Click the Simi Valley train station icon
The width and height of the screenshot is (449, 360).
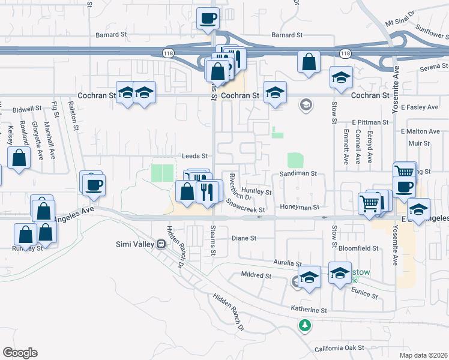pos(161,244)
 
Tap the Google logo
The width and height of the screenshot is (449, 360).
pos(20,353)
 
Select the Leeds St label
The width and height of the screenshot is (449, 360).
pos(194,155)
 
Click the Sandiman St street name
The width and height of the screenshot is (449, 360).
pos(298,173)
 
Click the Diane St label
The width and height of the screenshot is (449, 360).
pos(244,238)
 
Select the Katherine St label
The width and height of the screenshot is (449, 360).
pos(309,310)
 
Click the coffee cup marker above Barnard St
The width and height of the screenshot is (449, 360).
pos(208,18)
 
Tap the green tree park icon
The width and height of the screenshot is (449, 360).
pos(305,325)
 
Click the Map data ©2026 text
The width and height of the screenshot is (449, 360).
pos(424,355)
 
